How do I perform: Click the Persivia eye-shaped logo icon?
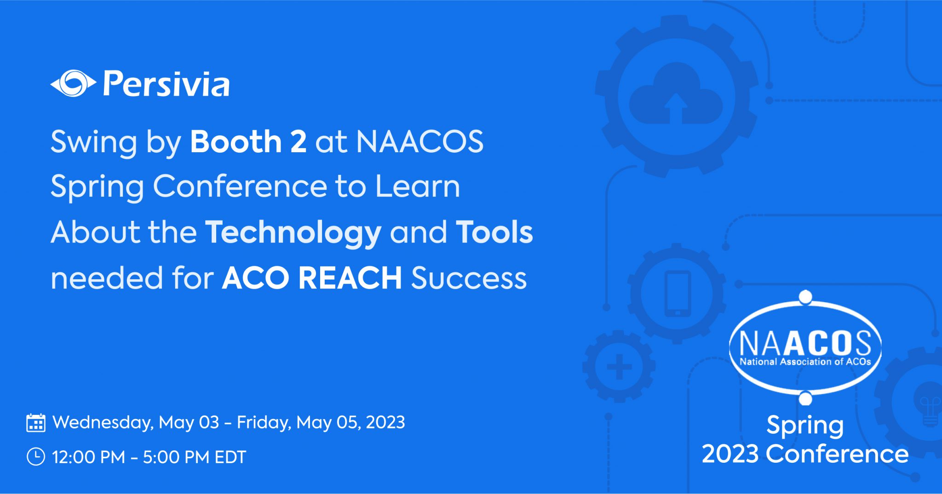point(73,84)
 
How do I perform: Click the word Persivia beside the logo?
point(166,84)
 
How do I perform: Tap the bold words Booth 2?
point(248,141)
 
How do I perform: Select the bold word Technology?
point(293,232)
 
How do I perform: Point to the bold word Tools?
point(494,232)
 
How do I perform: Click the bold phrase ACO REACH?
point(312,278)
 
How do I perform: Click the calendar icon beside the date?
point(36,423)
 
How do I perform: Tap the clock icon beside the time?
point(36,457)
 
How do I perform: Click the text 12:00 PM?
point(88,457)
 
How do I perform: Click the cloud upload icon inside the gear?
point(675,97)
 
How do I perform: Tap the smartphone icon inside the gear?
point(678,293)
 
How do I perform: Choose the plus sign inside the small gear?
point(619,367)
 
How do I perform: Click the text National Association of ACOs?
point(805,362)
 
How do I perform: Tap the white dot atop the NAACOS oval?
point(805,297)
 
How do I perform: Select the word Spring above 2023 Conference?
point(805,425)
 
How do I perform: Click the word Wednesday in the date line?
point(103,422)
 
